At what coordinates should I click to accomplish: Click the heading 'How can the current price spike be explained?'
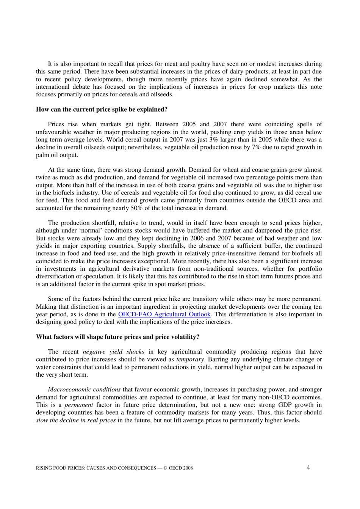click(x=102, y=110)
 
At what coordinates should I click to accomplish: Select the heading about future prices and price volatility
click(x=117, y=337)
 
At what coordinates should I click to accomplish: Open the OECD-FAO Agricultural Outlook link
click(x=164, y=314)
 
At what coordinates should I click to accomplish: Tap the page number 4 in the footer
click(x=308, y=467)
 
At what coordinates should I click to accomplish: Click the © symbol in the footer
click(x=165, y=468)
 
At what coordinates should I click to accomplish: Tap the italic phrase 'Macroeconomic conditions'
click(x=84, y=390)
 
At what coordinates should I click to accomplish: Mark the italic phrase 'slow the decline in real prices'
click(x=76, y=420)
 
